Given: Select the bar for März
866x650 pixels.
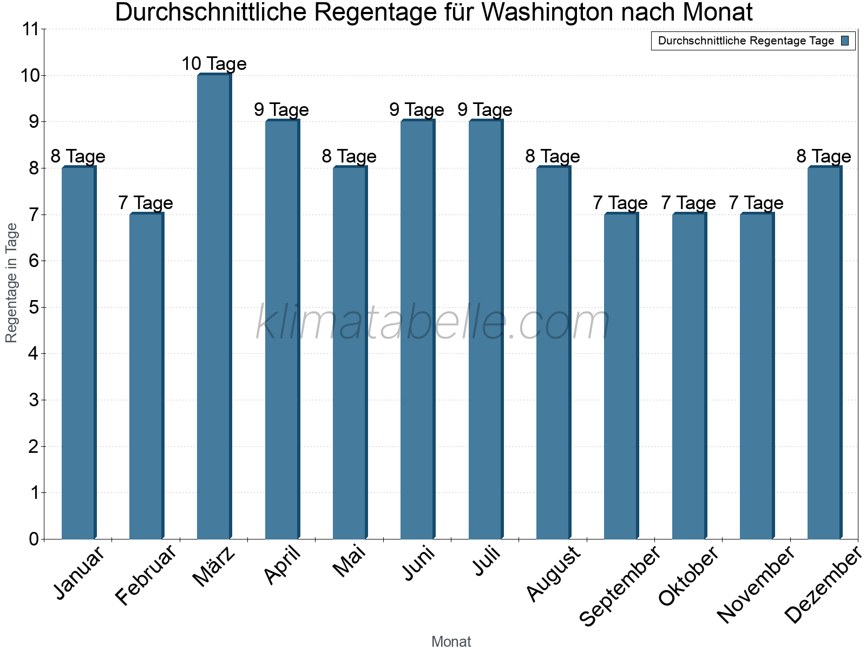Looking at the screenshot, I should tap(214, 307).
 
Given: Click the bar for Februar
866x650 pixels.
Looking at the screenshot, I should tap(146, 376).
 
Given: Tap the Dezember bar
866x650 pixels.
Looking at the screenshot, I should tap(824, 353).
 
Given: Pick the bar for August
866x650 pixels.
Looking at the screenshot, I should tap(553, 353).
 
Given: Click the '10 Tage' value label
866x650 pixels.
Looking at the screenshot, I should tap(214, 64).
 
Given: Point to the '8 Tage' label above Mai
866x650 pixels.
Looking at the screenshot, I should tap(349, 157).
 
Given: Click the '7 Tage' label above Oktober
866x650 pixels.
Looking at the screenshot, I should tap(688, 203).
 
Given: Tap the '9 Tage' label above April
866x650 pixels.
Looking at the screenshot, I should tap(281, 110).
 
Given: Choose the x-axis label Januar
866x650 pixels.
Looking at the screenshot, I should tap(80, 573).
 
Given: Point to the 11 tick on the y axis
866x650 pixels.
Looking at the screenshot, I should tap(32, 29).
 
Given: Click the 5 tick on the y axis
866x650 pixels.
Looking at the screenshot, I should tap(34, 308).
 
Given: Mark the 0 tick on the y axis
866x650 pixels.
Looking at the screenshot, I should tap(34, 539).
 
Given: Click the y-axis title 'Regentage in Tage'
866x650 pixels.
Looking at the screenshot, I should tap(12, 283).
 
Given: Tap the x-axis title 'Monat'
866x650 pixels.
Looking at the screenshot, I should tap(451, 641).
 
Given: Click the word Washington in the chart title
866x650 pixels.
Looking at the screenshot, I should tap(544, 13).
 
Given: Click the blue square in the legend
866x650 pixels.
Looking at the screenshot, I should tap(845, 41).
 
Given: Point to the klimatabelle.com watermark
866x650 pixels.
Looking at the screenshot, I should tap(433, 323).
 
